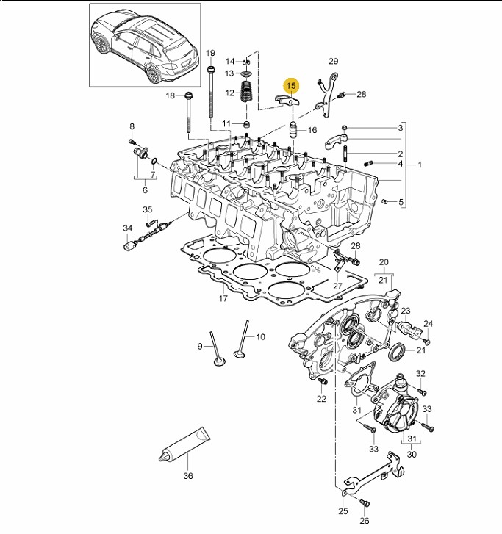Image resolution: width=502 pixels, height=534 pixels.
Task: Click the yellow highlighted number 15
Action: [x=291, y=86]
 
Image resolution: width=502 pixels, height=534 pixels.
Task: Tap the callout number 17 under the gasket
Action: [x=223, y=299]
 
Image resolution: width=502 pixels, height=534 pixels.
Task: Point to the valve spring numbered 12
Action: [x=246, y=91]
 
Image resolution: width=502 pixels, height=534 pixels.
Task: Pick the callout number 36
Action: [x=188, y=476]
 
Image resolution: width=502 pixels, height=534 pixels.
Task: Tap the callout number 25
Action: [x=343, y=511]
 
